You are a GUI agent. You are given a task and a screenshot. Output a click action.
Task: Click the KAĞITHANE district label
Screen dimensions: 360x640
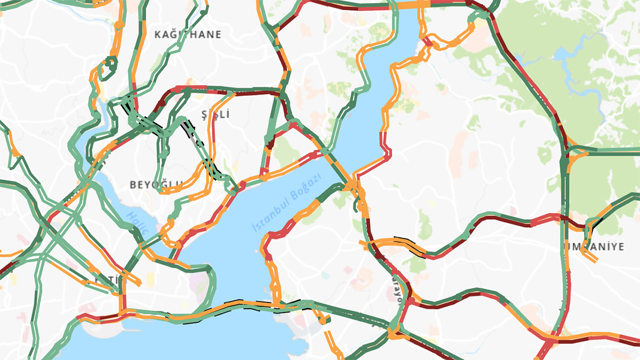[x=187, y=35]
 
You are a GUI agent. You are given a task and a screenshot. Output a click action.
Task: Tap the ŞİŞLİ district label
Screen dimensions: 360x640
[x=215, y=114]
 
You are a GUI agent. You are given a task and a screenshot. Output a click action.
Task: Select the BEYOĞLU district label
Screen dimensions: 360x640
[x=156, y=185]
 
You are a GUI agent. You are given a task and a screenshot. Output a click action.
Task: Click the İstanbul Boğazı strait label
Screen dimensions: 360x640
[x=287, y=202]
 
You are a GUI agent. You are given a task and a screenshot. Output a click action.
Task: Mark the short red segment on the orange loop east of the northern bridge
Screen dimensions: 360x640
[x=427, y=42]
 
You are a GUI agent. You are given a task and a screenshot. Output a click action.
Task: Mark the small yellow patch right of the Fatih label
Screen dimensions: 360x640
[x=150, y=278]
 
